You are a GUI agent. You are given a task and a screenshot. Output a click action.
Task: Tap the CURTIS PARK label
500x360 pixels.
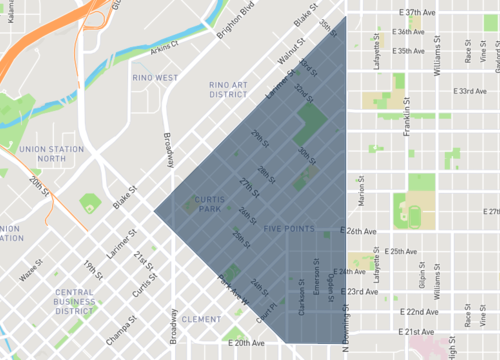click(194, 204)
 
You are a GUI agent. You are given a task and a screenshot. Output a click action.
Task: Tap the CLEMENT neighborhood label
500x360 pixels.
click(202, 320)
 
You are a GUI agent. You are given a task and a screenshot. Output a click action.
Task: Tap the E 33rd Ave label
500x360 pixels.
click(469, 92)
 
